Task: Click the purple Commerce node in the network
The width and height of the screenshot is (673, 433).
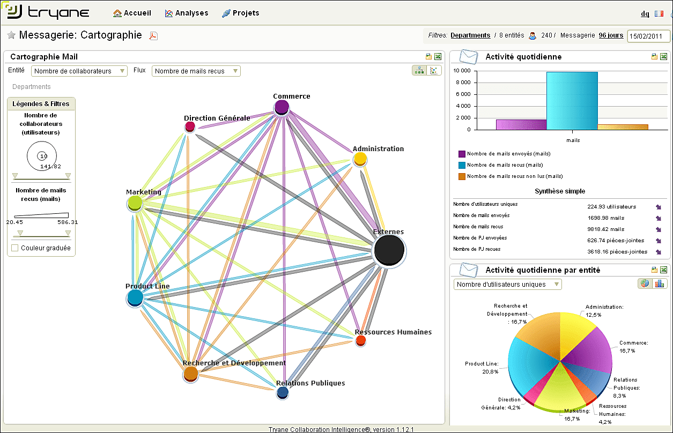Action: (282, 107)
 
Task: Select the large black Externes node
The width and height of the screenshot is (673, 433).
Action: (389, 250)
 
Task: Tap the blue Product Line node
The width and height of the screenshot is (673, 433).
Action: (135, 298)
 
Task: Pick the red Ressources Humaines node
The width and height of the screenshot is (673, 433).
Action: (360, 340)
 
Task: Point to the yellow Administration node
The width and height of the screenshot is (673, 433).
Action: (360, 159)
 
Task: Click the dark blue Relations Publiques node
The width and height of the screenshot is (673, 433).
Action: (283, 392)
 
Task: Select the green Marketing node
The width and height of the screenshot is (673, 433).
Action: (135, 203)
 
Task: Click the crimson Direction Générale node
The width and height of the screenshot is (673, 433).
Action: (190, 126)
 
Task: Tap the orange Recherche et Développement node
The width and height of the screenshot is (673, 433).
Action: (190, 374)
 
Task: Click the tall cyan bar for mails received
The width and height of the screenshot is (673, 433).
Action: (572, 101)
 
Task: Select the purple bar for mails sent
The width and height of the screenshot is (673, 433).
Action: (521, 125)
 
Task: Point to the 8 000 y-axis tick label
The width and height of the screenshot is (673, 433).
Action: (463, 83)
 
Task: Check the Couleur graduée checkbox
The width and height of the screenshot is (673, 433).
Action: (14, 248)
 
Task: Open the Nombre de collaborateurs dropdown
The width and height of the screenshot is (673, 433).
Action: (79, 71)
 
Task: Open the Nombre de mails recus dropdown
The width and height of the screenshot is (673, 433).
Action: (196, 71)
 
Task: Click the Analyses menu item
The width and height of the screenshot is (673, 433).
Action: (186, 13)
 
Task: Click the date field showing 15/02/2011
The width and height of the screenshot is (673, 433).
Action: (648, 36)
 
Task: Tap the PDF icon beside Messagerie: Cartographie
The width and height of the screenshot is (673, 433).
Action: (153, 36)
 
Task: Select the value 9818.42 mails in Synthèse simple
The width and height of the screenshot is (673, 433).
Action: (606, 229)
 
